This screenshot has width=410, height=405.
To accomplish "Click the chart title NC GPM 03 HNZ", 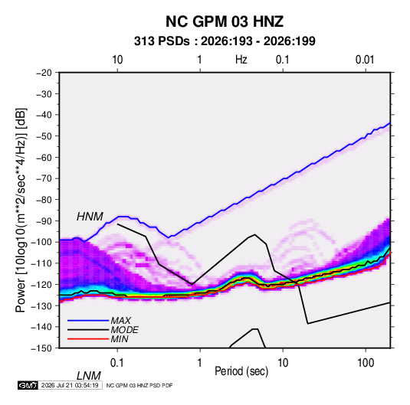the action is (x=225, y=21).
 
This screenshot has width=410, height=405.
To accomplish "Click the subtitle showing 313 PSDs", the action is (x=225, y=41).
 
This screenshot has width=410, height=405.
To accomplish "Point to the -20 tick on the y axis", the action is (x=44, y=73).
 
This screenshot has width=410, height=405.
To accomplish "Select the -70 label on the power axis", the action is (x=44, y=178).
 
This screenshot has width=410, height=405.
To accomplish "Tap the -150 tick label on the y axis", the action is (x=41, y=348).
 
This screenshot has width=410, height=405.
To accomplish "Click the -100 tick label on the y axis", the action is (x=41, y=242).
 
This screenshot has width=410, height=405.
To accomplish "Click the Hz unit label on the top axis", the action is (x=241, y=60).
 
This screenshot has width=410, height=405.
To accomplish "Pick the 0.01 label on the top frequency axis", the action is (x=365, y=60).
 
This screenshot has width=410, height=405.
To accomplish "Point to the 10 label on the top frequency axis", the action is (x=117, y=60).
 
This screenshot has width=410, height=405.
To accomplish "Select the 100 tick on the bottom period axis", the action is (x=366, y=363).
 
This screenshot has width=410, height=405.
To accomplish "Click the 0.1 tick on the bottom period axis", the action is (x=116, y=363).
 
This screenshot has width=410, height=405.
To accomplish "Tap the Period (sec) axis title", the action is (x=241, y=371).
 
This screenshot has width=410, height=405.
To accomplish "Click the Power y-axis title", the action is (x=21, y=210).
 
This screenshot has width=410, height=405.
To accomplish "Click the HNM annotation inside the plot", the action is (x=90, y=217).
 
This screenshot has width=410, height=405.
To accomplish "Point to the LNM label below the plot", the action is (x=89, y=376).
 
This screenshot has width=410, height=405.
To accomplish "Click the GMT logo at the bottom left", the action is (x=28, y=385).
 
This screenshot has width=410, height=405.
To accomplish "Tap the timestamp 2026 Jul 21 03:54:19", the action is (x=70, y=385).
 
